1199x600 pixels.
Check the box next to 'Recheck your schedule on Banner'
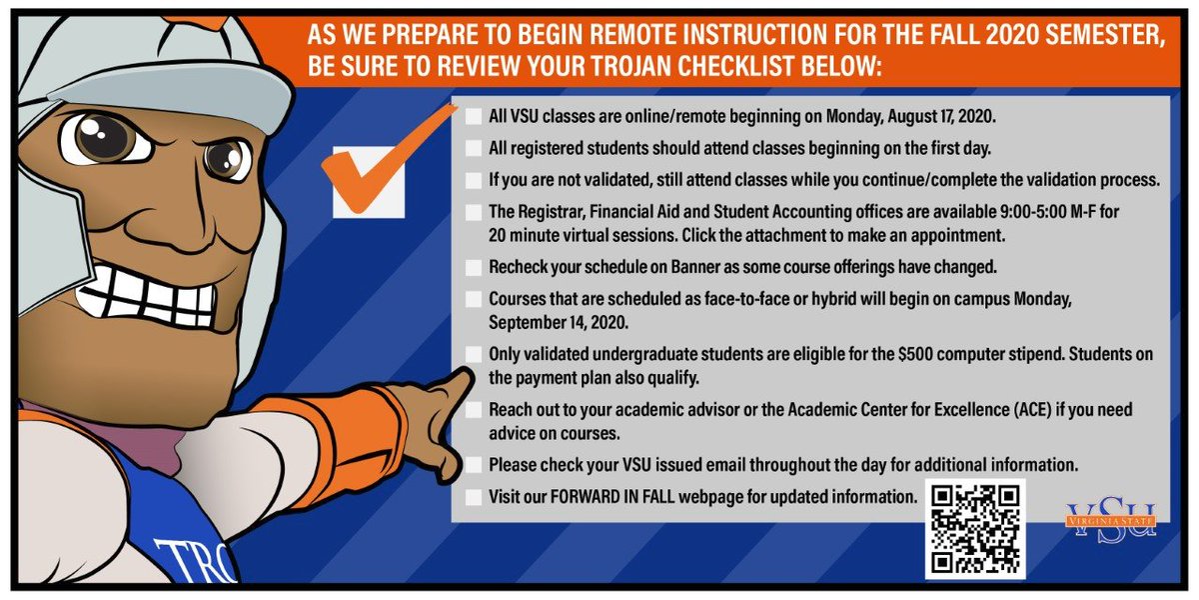474,268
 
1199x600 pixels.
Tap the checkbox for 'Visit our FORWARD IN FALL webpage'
474,497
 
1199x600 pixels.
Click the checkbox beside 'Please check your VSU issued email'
474,465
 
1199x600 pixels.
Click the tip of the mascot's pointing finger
462,378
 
